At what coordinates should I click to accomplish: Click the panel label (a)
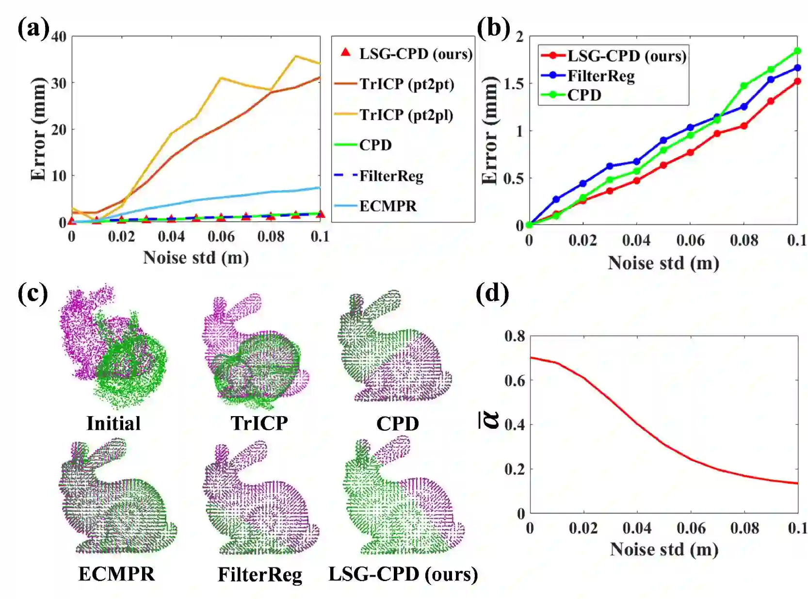(x=33, y=29)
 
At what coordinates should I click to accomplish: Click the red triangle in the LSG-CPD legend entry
(x=345, y=52)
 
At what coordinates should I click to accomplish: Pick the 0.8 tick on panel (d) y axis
(x=515, y=336)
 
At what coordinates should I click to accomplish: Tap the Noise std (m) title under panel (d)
(x=663, y=549)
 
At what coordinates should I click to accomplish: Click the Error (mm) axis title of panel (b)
(x=490, y=130)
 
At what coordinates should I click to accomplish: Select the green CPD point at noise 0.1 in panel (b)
(x=797, y=51)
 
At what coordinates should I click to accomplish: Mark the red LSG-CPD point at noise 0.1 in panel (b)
(x=797, y=81)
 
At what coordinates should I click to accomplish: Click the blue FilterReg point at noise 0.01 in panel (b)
(x=556, y=199)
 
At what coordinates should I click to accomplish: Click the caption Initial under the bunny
(x=113, y=423)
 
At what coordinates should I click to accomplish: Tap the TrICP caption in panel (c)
(x=259, y=423)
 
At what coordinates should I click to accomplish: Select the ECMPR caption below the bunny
(x=116, y=574)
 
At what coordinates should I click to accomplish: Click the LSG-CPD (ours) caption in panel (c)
(x=403, y=574)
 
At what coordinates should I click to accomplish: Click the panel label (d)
(x=492, y=294)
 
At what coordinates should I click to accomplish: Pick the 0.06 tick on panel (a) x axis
(x=221, y=236)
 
